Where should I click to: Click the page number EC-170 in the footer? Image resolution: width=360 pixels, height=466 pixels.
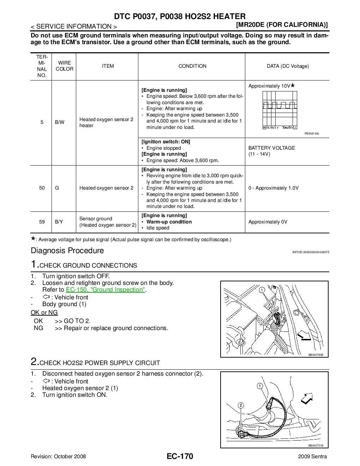180,456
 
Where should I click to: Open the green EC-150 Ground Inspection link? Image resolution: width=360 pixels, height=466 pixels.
106,290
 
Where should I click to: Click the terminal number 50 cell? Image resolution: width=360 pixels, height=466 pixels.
42,188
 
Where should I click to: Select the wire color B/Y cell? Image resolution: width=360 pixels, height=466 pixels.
59,222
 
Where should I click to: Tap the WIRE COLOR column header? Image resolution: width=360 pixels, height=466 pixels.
64,66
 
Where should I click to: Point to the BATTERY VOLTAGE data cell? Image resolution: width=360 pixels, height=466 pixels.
271,151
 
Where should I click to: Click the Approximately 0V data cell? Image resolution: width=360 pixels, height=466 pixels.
268,222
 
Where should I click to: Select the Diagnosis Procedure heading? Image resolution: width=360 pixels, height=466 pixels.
67,251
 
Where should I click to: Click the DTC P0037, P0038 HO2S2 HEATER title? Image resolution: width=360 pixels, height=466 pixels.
180,16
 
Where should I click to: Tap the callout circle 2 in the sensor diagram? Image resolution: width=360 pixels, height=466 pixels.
241,405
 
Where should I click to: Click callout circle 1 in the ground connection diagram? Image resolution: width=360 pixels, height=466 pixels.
262,290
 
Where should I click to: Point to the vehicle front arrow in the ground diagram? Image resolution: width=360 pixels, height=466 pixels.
304,336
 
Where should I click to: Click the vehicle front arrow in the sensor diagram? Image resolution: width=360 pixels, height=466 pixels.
306,398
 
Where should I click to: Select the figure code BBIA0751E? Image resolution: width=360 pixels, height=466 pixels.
316,446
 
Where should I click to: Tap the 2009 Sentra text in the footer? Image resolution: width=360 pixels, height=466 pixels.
312,456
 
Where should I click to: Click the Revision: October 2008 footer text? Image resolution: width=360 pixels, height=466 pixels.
58,456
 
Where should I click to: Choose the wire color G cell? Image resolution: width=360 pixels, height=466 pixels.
57,188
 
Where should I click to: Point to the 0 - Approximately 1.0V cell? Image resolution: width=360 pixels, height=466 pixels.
273,188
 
